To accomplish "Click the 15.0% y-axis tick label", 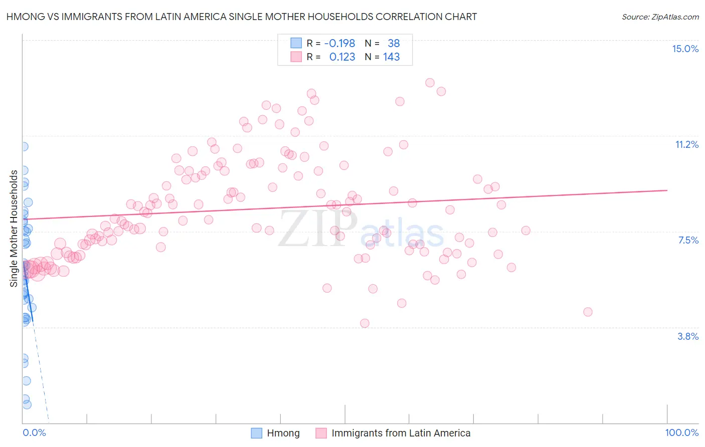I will point(685,49).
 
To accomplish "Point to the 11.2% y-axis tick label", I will point(686,144).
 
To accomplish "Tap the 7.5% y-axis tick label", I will point(688,240).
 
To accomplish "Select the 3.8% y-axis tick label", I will point(688,336).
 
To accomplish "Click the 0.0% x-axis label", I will point(34,432).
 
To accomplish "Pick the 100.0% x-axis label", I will point(681,432).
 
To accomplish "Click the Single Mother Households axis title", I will point(14,229).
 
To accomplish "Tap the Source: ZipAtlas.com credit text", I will point(660,17).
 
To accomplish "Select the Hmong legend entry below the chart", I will point(283,433).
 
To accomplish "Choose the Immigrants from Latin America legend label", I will point(401,433).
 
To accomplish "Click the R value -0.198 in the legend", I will point(339,43).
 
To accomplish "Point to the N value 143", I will point(391,57).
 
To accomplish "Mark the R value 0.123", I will point(342,57).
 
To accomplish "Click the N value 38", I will point(394,43).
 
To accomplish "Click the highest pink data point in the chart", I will point(430,83).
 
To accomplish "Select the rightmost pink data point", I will point(588,312).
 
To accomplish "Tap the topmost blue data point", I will point(23,146).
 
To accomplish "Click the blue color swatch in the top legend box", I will point(296,43).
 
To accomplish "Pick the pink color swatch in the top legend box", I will point(296,57).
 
